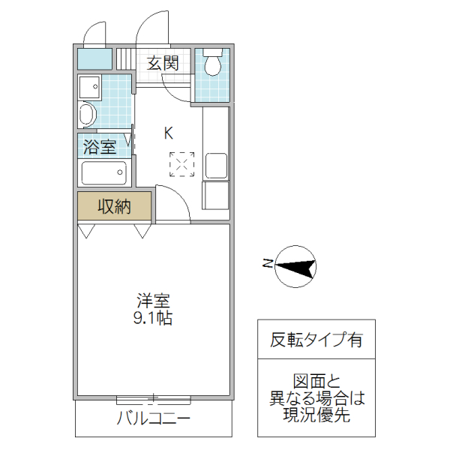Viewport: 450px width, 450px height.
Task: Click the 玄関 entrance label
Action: click(x=162, y=63)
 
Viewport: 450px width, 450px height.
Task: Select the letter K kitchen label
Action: click(x=169, y=133)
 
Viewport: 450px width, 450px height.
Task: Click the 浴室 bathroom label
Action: click(x=100, y=146)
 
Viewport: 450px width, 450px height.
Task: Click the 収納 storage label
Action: click(x=114, y=206)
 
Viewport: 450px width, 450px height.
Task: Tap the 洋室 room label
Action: click(x=153, y=301)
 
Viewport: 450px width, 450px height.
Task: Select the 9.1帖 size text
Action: click(x=154, y=318)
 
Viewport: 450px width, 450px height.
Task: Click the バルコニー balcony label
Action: click(x=153, y=418)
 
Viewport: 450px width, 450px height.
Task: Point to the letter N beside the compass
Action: click(x=267, y=262)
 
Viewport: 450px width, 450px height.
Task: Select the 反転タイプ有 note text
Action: click(x=316, y=340)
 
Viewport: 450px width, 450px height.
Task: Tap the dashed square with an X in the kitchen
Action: click(x=181, y=164)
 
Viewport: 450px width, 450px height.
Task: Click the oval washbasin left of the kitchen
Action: click(x=88, y=115)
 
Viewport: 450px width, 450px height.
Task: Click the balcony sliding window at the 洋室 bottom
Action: click(x=154, y=398)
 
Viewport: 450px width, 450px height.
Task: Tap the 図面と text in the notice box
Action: click(x=316, y=379)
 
